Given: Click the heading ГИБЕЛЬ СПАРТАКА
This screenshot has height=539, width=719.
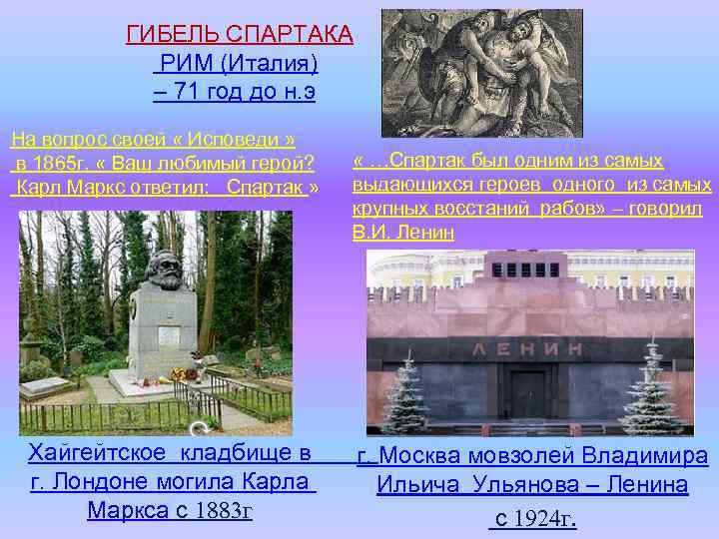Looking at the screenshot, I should (x=239, y=35).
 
